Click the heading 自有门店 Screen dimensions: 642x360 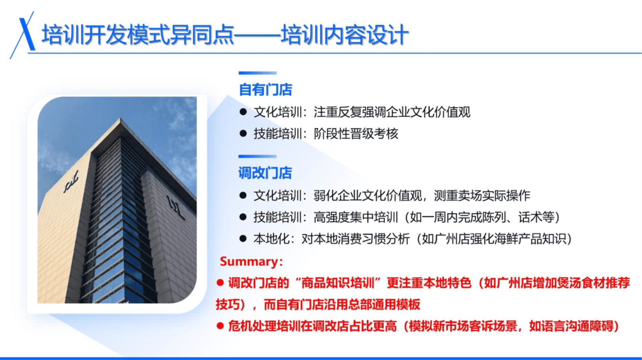265,90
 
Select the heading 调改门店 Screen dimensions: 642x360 265,173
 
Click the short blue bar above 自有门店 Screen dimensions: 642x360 257,73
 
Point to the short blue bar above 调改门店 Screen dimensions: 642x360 257,156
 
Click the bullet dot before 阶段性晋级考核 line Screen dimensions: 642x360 243,134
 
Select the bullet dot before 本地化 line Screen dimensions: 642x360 243,239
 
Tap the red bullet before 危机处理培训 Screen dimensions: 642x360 220,326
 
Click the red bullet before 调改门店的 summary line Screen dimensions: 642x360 220,283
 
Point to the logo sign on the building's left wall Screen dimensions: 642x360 71,182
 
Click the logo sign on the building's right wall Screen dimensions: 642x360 176,207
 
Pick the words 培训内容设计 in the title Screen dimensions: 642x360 345,34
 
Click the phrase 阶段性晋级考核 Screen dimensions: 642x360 356,134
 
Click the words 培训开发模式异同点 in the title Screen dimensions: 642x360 138,34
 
